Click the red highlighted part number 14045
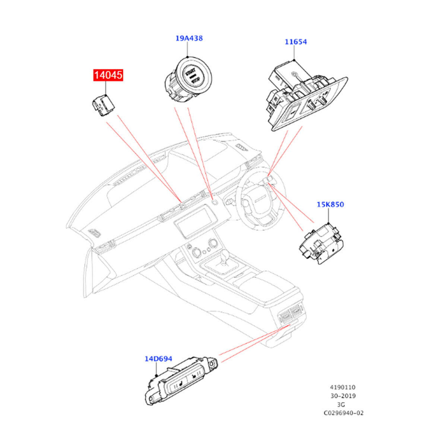coord(108,75)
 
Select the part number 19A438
coord(189,38)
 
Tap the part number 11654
coord(296,42)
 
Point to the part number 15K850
coord(330,205)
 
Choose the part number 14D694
coord(158,359)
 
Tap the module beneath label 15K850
coord(321,244)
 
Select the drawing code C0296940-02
coord(343,413)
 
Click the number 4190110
coord(342,388)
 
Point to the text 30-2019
coord(343,396)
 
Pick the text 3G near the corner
coord(341,405)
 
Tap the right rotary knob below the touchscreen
coord(213,244)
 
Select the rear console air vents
coord(292,313)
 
